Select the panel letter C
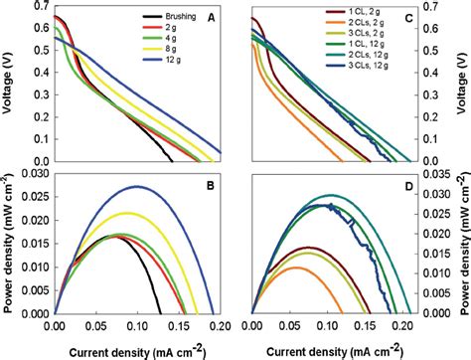(264, 18)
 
